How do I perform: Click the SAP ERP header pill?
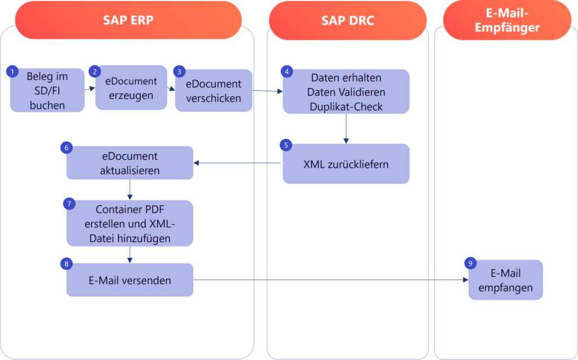click(128, 20)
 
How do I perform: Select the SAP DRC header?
click(348, 20)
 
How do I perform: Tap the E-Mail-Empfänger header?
click(507, 20)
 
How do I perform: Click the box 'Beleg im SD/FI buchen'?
click(47, 91)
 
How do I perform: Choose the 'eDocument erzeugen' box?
click(131, 88)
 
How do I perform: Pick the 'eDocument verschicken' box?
click(213, 91)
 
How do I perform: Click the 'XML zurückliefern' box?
click(346, 164)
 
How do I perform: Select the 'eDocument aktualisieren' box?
click(130, 163)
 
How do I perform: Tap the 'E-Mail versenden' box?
click(130, 280)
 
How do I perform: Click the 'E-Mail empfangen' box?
click(505, 280)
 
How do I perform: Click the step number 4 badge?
click(287, 72)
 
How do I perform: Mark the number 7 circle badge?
click(69, 203)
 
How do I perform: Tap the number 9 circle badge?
click(470, 263)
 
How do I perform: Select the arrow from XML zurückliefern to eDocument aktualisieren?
click(237, 164)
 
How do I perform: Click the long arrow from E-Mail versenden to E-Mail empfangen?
click(330, 280)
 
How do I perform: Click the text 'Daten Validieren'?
click(345, 91)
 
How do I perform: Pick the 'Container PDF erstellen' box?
click(130, 223)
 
